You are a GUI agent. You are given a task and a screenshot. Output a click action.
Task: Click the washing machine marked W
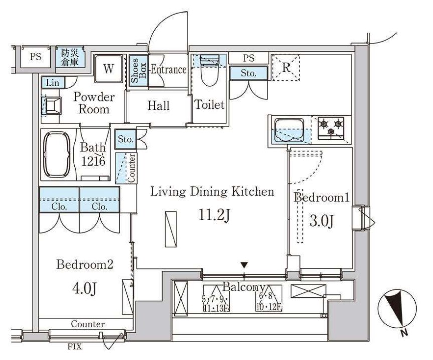point(108,68)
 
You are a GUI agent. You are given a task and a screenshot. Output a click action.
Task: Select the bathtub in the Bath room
point(57,155)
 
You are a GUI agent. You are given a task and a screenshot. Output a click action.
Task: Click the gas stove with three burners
point(331,128)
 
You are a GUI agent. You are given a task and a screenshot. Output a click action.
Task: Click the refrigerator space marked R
point(286,67)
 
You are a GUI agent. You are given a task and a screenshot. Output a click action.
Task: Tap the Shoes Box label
point(138,71)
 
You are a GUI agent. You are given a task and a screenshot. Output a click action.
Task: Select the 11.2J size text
point(214,216)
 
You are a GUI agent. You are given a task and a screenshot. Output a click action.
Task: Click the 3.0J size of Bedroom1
point(322,221)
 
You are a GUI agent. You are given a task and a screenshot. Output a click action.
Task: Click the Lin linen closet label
point(53,83)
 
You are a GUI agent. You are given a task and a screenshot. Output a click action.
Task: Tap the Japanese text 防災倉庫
point(70,57)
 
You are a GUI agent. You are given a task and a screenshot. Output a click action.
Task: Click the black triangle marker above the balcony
point(244,265)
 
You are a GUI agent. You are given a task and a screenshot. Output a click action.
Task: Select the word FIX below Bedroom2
point(75,346)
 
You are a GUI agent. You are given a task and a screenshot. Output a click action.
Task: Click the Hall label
point(158,106)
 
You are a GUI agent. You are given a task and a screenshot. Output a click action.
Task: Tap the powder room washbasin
point(53,106)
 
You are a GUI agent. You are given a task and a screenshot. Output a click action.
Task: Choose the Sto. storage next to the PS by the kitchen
point(249,73)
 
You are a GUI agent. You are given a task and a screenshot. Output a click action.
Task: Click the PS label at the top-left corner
point(36,57)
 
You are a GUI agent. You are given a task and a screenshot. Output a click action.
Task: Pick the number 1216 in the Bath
point(93,161)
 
